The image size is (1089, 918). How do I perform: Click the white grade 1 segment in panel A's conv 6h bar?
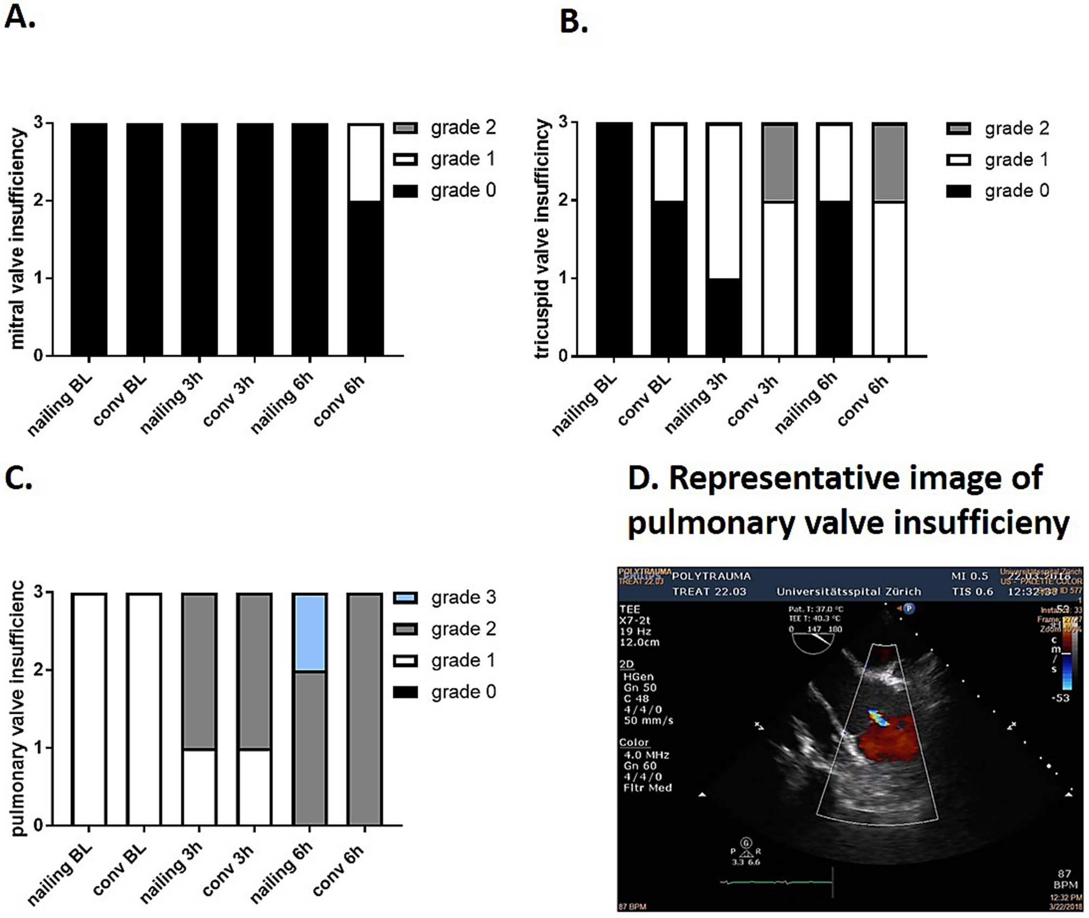tap(365, 163)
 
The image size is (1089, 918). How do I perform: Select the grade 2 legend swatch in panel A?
tap(405, 128)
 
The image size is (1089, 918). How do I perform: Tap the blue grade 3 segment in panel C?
tap(309, 633)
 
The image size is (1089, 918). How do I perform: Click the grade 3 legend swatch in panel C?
tap(405, 598)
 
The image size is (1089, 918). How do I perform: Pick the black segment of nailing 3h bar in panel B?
tap(723, 317)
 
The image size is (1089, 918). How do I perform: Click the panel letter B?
tap(574, 22)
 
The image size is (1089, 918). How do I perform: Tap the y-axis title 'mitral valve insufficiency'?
tap(17, 239)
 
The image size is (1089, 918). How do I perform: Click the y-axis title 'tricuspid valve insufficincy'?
tap(542, 239)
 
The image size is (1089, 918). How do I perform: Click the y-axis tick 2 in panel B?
tap(563, 200)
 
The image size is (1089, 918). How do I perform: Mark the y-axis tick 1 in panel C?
tap(38, 748)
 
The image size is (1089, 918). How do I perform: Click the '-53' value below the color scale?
tap(1060, 698)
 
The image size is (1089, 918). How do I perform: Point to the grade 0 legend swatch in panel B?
tap(958, 191)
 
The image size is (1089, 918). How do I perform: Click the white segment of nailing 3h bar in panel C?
tap(199, 787)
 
